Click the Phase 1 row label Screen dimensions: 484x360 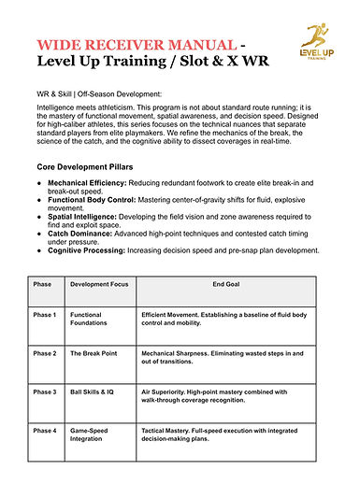pos(45,315)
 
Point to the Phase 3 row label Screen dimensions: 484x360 pos(45,392)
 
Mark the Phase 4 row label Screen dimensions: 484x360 pos(45,431)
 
